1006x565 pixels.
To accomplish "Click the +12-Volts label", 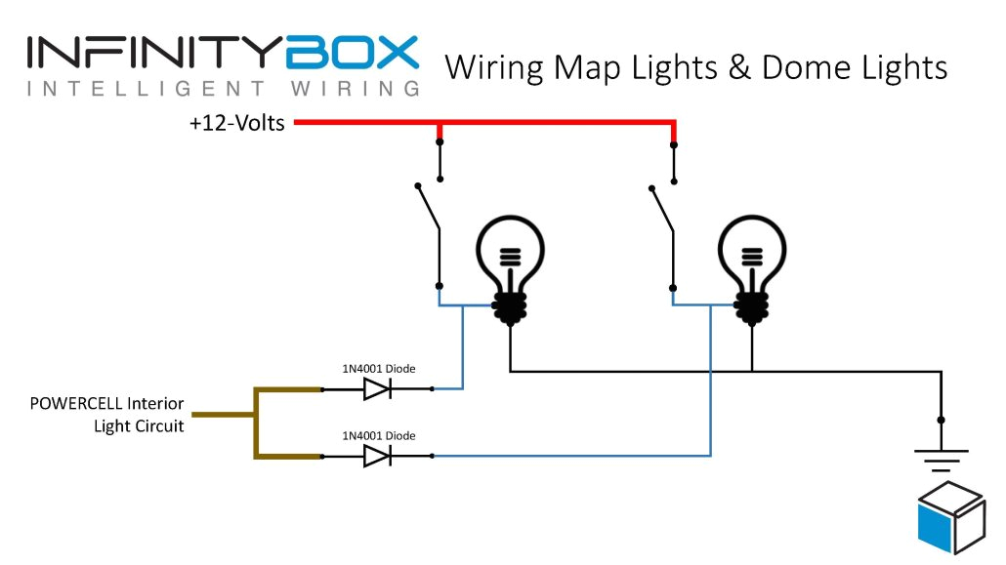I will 237,124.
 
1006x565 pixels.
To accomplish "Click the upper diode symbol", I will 377,389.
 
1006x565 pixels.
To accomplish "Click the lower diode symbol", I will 377,456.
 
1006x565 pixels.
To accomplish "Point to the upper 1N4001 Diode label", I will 377,368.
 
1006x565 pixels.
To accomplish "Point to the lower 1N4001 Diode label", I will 377,435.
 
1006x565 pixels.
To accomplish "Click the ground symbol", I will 941,454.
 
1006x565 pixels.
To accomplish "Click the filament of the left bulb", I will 509,257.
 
